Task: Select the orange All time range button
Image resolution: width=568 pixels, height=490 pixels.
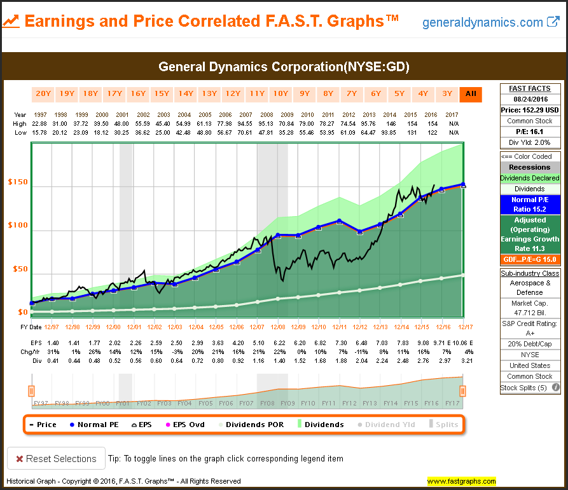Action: (x=471, y=94)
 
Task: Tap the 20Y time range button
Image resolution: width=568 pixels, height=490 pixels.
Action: (x=43, y=94)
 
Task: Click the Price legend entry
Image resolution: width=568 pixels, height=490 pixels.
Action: (x=43, y=425)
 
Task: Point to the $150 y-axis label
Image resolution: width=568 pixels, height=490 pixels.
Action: (x=17, y=183)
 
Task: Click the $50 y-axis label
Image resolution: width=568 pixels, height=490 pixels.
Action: (x=19, y=269)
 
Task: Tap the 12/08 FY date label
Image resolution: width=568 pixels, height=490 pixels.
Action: (x=277, y=327)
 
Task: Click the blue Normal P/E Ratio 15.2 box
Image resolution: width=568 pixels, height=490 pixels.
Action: (x=530, y=204)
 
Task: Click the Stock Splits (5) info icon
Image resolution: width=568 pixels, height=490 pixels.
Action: (x=555, y=387)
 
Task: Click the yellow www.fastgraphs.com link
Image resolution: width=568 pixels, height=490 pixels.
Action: (x=461, y=481)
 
